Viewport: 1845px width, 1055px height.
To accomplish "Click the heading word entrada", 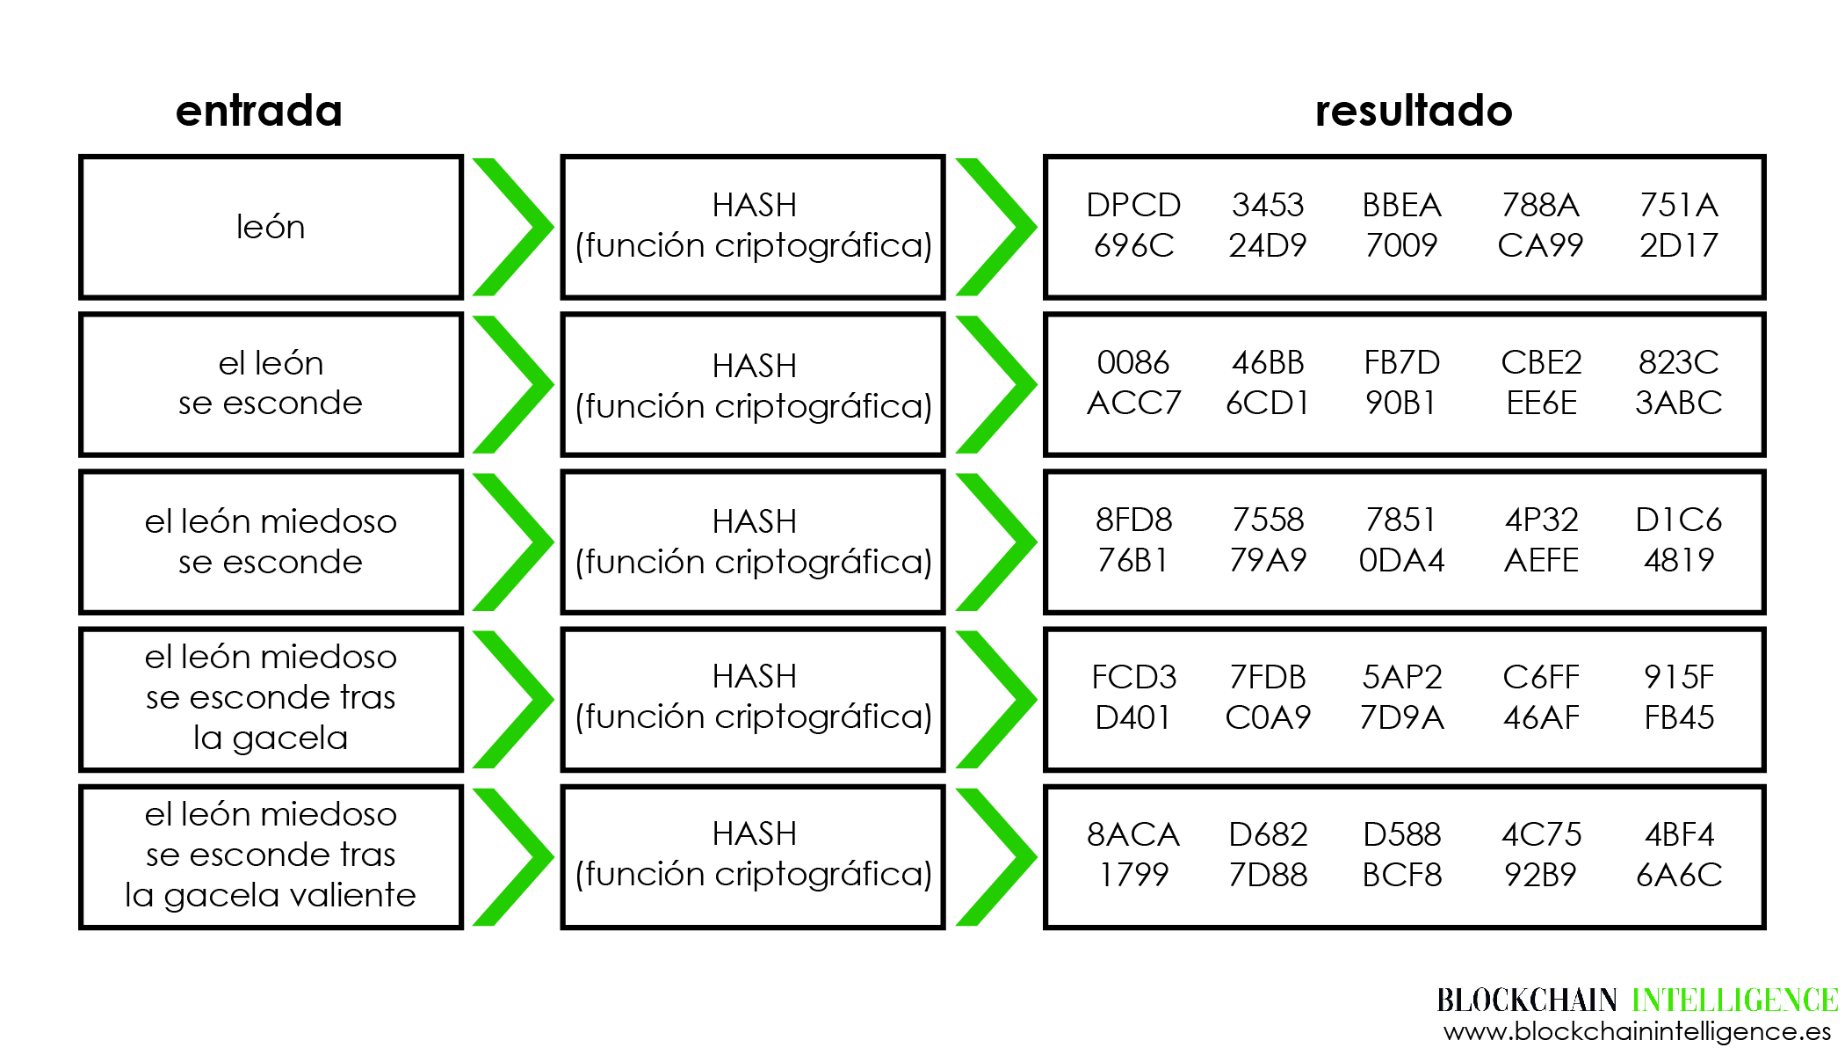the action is (259, 111).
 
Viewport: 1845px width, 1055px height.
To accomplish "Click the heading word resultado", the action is (1414, 111).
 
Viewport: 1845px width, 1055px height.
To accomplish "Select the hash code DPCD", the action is (1133, 205).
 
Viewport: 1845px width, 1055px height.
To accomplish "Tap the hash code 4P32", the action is (1541, 520).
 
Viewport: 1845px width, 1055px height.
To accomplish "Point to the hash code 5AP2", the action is (1402, 677).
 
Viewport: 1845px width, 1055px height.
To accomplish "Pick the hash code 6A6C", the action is (1679, 875).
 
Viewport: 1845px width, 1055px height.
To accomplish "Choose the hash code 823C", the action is (1678, 362).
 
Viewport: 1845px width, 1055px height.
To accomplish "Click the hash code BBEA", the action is (1402, 205).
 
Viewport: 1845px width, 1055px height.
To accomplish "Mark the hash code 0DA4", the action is (1402, 560).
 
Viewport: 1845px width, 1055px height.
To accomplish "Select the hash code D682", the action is (1268, 834).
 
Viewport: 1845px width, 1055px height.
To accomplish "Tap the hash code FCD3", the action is (1133, 677).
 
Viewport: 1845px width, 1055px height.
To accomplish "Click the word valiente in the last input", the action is (352, 895).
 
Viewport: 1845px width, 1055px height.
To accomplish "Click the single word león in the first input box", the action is (271, 227).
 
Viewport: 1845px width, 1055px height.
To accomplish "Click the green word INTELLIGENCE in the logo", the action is (1735, 1000).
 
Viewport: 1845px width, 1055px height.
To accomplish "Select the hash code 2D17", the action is (1679, 245).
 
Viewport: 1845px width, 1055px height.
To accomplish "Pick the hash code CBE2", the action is (1541, 362).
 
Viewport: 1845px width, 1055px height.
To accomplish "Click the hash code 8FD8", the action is (1133, 520).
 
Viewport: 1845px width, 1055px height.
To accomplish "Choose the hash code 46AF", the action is (1541, 717).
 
